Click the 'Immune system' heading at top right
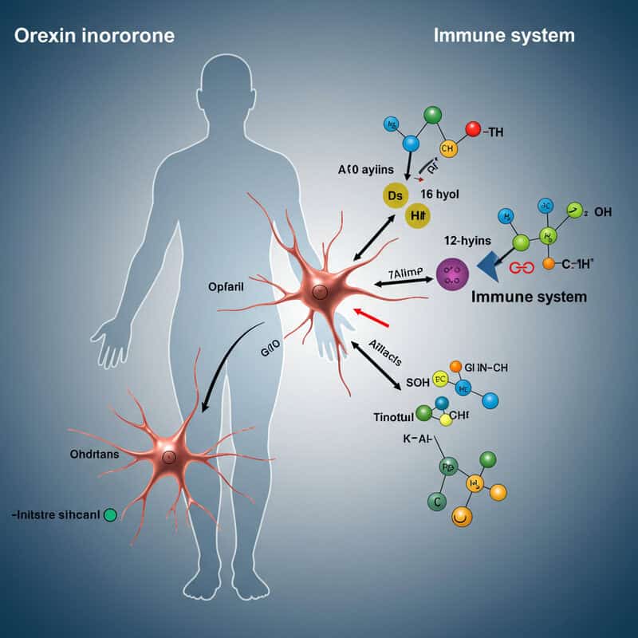(x=504, y=36)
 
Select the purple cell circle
(x=451, y=274)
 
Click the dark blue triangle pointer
(x=489, y=266)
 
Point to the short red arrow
(x=371, y=317)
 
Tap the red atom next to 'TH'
(x=472, y=128)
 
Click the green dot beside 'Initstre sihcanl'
(x=110, y=514)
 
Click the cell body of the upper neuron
(x=319, y=293)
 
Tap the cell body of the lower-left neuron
(x=168, y=457)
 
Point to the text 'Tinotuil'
(x=395, y=416)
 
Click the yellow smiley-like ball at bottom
(x=461, y=517)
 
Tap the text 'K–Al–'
(x=412, y=439)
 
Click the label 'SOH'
(x=418, y=382)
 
